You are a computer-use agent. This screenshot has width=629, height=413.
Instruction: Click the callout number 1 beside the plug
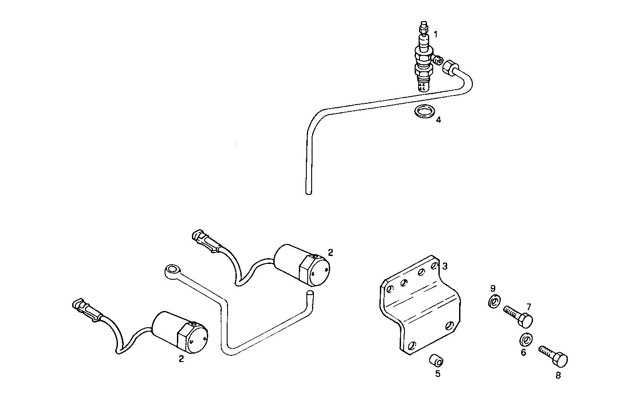pos(435,34)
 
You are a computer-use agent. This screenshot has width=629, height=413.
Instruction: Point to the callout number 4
pos(438,120)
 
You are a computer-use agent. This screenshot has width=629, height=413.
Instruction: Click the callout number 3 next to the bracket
pos(445,266)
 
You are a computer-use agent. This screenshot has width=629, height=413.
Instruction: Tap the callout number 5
pos(438,374)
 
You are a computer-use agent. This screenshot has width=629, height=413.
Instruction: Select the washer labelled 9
pos(494,302)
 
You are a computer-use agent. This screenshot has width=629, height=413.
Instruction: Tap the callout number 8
pos(558,376)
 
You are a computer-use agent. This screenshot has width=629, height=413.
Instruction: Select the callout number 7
pos(529,307)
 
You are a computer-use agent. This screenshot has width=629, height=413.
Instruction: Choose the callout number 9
pos(493,289)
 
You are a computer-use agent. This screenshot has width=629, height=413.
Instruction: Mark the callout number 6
pos(523,353)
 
